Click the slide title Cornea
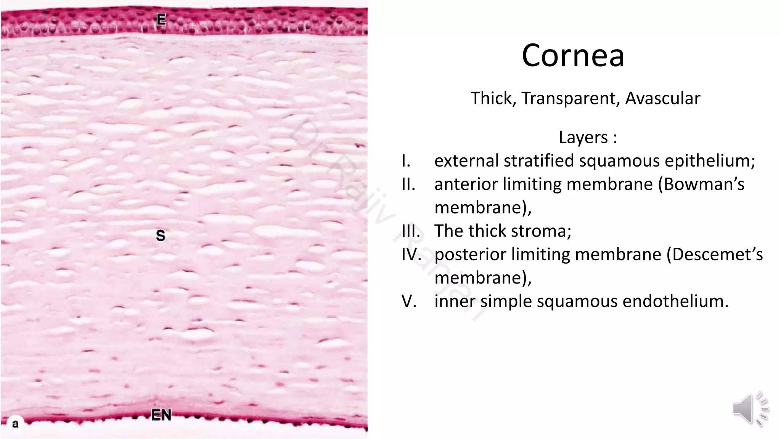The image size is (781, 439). tap(573, 56)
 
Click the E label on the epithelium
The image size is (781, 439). tap(161, 19)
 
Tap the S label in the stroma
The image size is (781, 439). tap(161, 236)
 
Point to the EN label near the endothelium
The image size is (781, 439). tap(161, 415)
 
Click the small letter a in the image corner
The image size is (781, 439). tap(15, 424)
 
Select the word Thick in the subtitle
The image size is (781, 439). tap(493, 98)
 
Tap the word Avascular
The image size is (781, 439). tap(663, 98)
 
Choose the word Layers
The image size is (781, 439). tap(583, 137)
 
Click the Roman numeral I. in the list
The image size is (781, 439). tap(406, 161)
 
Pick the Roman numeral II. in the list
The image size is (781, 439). tap(408, 184)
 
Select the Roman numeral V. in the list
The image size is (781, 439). tap(409, 301)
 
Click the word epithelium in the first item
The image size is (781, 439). tap(710, 161)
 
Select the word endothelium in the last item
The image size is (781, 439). tap(675, 301)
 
